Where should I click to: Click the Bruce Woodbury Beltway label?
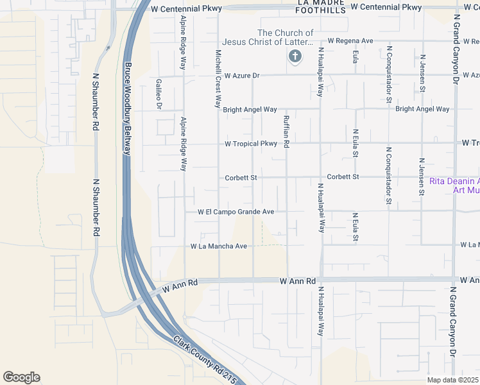pos(127,108)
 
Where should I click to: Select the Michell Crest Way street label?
pos(218,79)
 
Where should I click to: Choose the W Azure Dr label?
pos(237,76)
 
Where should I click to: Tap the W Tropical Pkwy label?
pos(251,144)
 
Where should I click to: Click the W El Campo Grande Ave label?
pos(236,211)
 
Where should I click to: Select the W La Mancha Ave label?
pos(219,246)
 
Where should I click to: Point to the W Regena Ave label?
pos(350,40)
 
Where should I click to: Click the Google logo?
pos(21,377)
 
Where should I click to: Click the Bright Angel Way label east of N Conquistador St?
pos(422,109)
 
